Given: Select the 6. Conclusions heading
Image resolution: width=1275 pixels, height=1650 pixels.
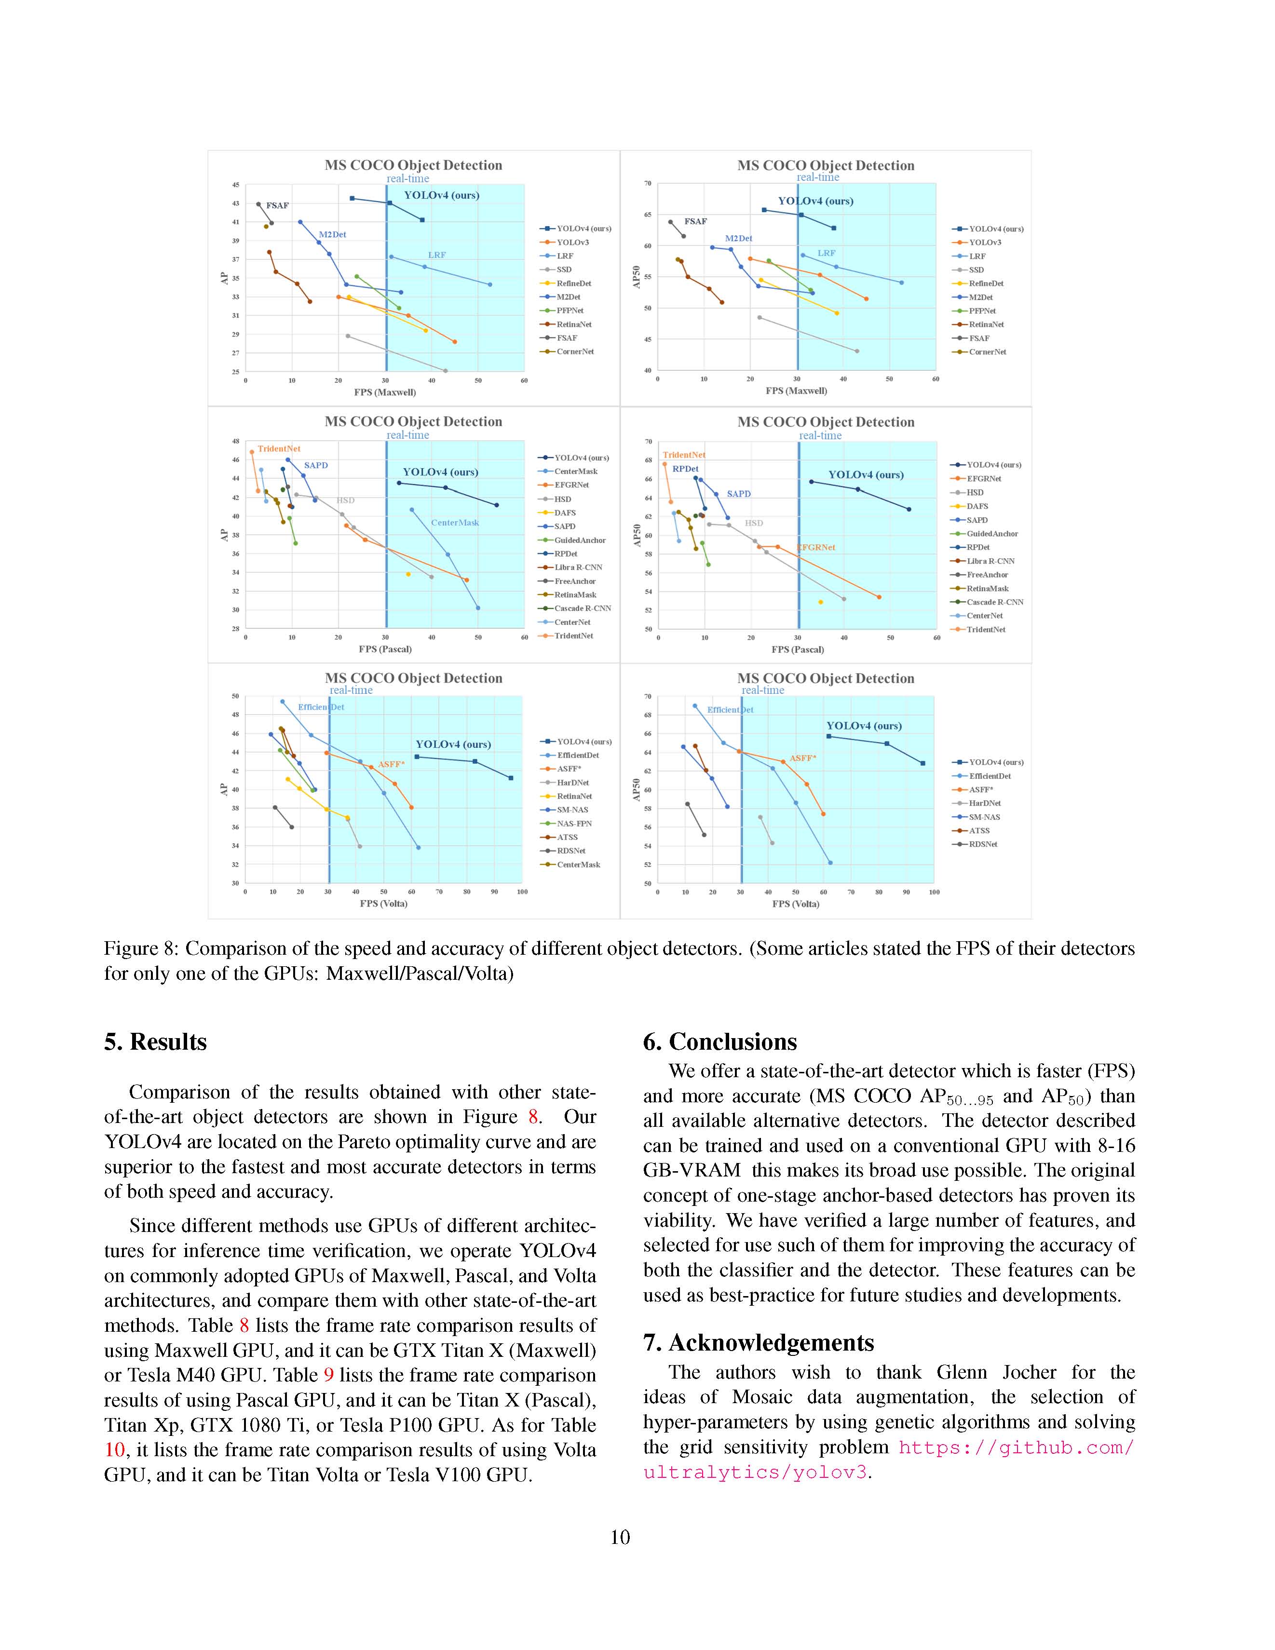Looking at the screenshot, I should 719,1042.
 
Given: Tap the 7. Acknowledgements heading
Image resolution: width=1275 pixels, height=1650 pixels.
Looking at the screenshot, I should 758,1342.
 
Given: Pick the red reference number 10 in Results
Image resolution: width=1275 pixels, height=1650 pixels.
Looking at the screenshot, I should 114,1450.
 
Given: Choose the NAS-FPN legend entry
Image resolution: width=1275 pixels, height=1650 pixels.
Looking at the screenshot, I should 574,824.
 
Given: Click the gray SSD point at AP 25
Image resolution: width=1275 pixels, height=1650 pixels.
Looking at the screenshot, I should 445,371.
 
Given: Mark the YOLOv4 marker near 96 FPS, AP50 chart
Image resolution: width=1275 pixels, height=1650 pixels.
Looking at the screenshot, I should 923,763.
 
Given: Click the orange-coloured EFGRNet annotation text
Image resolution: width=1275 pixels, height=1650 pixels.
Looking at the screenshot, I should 817,547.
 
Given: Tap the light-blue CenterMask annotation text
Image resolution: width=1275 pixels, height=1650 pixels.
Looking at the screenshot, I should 455,523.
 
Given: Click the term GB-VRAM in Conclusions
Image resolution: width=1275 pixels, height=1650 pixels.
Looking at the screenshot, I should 692,1170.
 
